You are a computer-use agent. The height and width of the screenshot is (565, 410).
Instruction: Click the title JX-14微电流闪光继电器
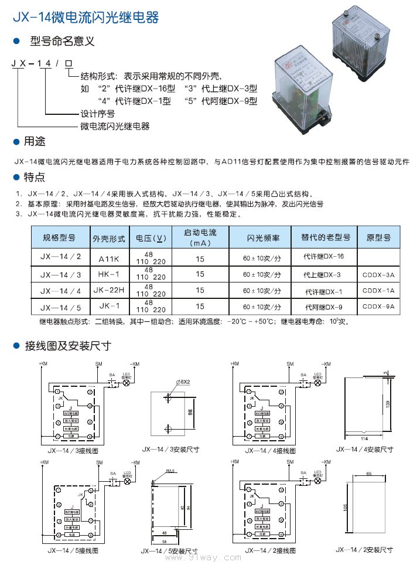[x=86, y=18]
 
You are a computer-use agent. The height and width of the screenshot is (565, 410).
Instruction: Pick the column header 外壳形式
[x=109, y=239]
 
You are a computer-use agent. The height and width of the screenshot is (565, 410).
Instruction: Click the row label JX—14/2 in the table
[x=60, y=257]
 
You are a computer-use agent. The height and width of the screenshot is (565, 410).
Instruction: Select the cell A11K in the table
[x=108, y=257]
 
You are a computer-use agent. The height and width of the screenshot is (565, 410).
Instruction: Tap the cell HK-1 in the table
[x=108, y=274]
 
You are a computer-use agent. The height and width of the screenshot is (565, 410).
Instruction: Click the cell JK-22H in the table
[x=109, y=290]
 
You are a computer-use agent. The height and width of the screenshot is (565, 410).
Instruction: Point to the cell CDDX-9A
[x=378, y=306]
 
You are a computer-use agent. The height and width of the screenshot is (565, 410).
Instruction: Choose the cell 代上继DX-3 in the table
[x=322, y=274]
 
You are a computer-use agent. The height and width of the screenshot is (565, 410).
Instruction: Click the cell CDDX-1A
[x=378, y=290]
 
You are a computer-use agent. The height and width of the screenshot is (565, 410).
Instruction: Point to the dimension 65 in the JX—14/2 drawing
[x=368, y=472]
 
